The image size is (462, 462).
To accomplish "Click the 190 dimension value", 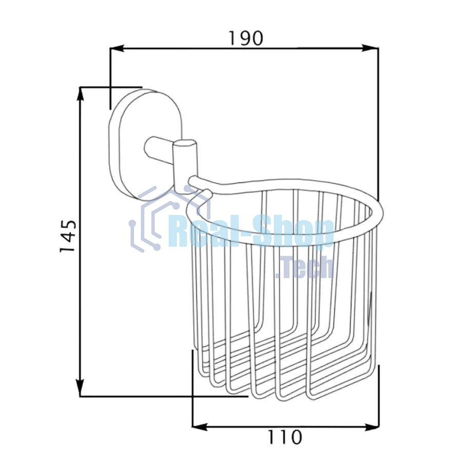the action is (246, 38).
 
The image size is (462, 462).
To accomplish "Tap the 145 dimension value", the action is (68, 236).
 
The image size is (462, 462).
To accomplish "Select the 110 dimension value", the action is (285, 437).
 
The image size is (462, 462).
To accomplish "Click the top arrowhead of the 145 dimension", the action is (80, 95).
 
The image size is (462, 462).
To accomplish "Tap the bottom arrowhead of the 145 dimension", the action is (80, 388).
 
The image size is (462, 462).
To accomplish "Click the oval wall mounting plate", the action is (145, 144).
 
